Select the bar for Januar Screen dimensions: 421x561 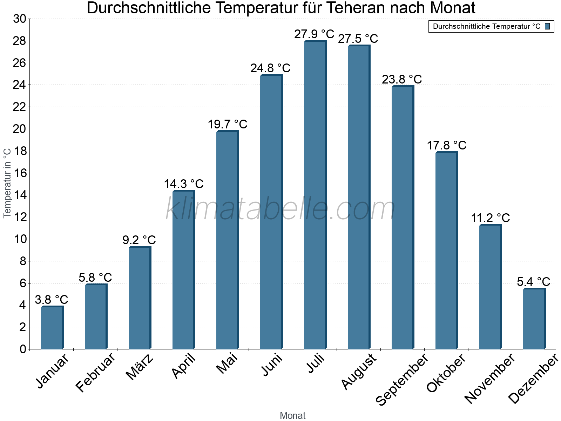point(52,328)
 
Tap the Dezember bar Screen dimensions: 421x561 point(534,319)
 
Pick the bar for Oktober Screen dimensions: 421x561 point(446,250)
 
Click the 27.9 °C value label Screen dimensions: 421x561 point(314,34)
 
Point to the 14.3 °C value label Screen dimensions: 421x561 point(183,184)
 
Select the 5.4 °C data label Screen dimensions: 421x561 point(533,282)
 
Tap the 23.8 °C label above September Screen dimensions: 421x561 point(402,79)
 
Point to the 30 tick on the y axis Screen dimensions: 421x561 point(20,19)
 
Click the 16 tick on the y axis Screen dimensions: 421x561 point(20,173)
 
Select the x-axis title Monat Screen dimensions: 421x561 point(293,415)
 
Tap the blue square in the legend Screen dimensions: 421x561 point(547,26)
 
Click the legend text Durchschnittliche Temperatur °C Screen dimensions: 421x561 point(487,26)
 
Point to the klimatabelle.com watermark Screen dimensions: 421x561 point(280,209)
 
